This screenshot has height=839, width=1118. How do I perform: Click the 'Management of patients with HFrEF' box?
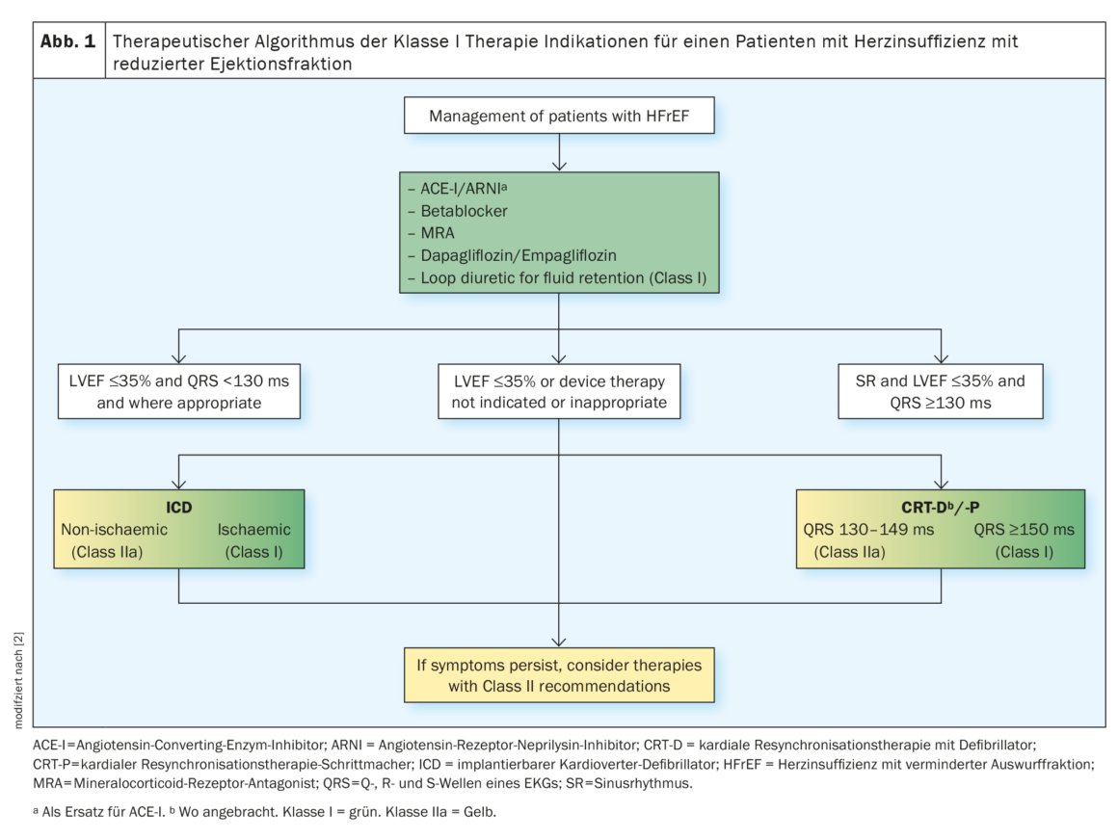[x=559, y=116]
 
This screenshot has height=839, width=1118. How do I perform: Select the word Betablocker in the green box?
[x=465, y=211]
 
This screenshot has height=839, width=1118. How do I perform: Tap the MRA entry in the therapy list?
[x=437, y=233]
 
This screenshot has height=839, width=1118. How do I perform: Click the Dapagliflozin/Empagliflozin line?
[x=519, y=255]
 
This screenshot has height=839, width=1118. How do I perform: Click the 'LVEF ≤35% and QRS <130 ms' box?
[x=179, y=391]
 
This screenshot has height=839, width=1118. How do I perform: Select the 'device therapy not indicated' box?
[x=559, y=391]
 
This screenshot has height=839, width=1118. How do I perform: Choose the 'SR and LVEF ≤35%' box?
[x=941, y=391]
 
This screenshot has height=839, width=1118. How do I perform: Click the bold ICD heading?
[x=179, y=508]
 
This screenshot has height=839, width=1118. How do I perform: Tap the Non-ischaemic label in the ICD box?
[x=114, y=530]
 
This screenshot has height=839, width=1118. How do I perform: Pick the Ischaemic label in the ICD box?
[x=253, y=530]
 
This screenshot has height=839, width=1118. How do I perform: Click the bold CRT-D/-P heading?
[x=941, y=508]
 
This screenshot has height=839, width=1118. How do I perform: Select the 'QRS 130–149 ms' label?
[x=868, y=530]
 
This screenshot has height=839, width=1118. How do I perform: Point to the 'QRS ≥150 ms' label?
[x=1024, y=530]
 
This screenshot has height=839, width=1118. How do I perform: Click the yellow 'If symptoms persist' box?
[x=559, y=675]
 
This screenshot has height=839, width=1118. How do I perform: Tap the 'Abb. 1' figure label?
[x=67, y=41]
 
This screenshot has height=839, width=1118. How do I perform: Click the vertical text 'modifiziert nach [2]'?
[x=18, y=680]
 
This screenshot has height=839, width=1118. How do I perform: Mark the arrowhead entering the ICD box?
[x=179, y=484]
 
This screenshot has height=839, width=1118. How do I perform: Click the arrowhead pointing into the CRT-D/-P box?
[x=942, y=484]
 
